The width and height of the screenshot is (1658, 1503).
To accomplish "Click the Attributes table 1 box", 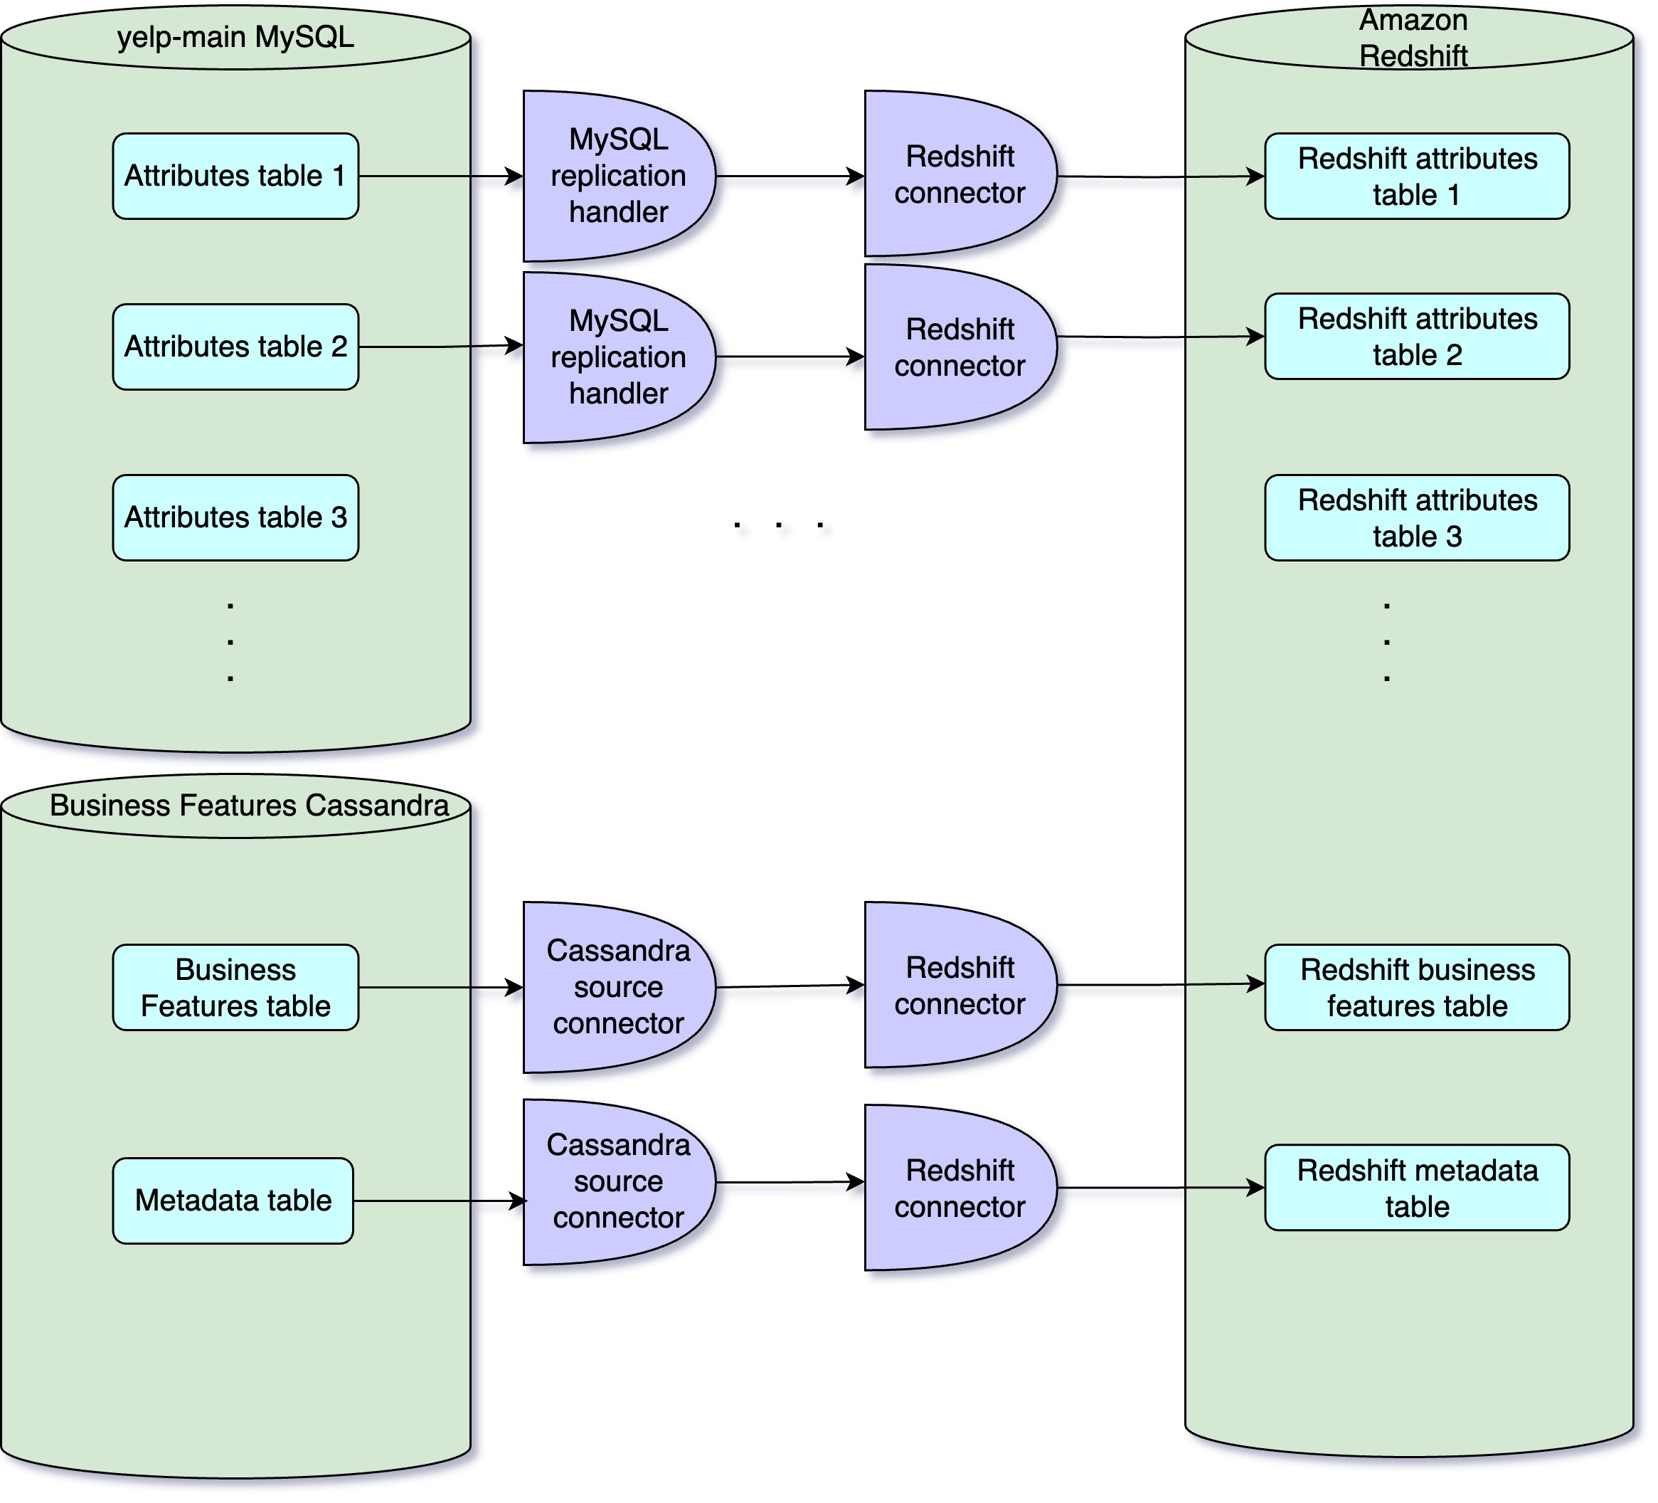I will click(x=235, y=176).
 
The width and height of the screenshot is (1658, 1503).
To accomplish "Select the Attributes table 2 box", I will click(x=235, y=347).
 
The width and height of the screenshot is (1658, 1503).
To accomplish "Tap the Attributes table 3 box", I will click(x=235, y=517).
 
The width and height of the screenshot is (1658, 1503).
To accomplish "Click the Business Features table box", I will click(x=235, y=987).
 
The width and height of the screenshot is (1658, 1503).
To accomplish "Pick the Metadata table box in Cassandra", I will click(x=233, y=1201).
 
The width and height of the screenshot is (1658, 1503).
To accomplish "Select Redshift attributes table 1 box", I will click(x=1416, y=176).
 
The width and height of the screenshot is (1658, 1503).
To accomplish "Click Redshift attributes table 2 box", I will click(x=1416, y=336).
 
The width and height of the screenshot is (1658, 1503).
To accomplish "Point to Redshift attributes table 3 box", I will click(x=1416, y=517).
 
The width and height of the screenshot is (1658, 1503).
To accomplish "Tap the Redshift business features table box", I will click(x=1416, y=987).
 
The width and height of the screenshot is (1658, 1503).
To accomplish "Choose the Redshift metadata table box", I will click(x=1416, y=1187).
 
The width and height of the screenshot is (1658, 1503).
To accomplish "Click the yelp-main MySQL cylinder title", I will click(x=235, y=37).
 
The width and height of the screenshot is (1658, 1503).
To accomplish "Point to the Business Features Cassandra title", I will click(x=248, y=805).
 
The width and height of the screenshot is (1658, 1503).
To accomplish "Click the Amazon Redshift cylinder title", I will click(x=1412, y=38).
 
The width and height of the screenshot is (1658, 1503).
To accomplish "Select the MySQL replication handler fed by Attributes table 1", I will click(x=617, y=176).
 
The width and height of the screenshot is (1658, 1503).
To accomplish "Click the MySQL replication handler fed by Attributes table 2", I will click(x=617, y=357).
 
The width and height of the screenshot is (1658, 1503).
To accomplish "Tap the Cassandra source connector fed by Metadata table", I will click(x=617, y=1181).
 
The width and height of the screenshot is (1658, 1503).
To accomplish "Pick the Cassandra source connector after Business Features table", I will click(x=617, y=987).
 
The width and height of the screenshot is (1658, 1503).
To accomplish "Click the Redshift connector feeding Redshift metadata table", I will click(x=959, y=1187).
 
